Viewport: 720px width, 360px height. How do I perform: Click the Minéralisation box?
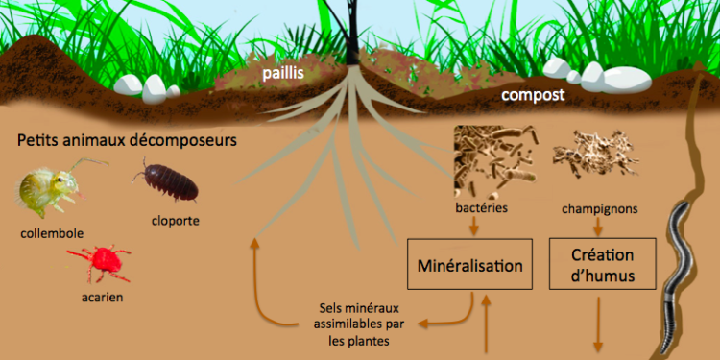[x=469, y=264]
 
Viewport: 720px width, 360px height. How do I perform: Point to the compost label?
[x=531, y=96]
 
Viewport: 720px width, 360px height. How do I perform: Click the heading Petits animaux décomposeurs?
[x=127, y=141]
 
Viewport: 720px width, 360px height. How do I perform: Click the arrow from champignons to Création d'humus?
[x=598, y=227]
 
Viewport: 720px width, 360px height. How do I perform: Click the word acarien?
[x=101, y=298]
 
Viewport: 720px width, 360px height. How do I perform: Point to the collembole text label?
[x=51, y=232]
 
